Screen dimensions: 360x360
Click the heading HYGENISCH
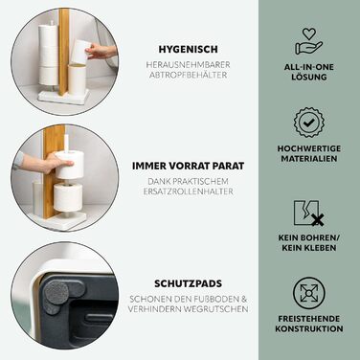point(189,50)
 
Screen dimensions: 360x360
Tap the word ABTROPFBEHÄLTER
point(189,75)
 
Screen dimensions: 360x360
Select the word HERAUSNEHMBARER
point(189,65)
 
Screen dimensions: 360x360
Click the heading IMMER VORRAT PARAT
point(189,166)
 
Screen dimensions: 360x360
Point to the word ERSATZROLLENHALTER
point(189,191)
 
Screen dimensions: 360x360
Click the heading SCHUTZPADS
point(189,283)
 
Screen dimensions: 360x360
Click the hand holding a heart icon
point(308,41)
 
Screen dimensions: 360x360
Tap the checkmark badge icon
point(309,123)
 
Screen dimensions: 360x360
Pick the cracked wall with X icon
point(309,213)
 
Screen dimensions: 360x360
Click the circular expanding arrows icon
point(309,293)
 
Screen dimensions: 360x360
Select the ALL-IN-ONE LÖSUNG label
point(309,72)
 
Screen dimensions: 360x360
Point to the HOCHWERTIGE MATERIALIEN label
point(309,153)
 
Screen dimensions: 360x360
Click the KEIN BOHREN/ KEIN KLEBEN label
point(309,243)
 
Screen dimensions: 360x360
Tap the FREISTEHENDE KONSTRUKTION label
point(309,324)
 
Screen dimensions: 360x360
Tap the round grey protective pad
point(56,293)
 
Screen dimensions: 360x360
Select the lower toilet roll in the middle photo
point(68,197)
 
